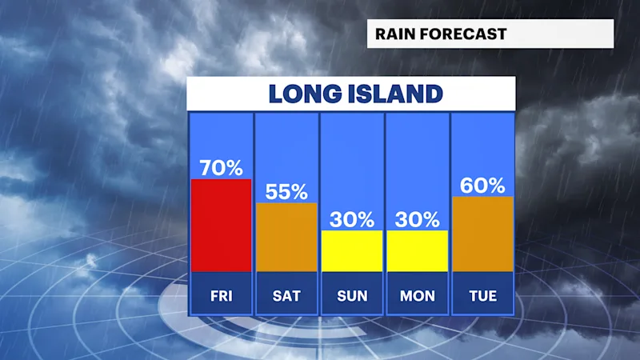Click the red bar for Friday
coord(222,226)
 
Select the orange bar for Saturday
coord(286,237)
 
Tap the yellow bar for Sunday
coord(352,251)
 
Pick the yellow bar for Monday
coord(417,251)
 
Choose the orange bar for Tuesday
coord(483,234)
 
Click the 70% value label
coord(222,168)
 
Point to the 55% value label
coord(286,191)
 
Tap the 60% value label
coord(482,186)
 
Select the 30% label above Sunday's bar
coord(352,219)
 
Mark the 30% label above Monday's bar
coord(417,219)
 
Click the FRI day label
coord(222,295)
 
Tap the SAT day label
coord(286,295)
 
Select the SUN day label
coord(352,295)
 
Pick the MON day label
coord(418,295)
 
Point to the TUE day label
coord(483,295)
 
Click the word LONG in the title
coord(306,94)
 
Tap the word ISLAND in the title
coord(395,94)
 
